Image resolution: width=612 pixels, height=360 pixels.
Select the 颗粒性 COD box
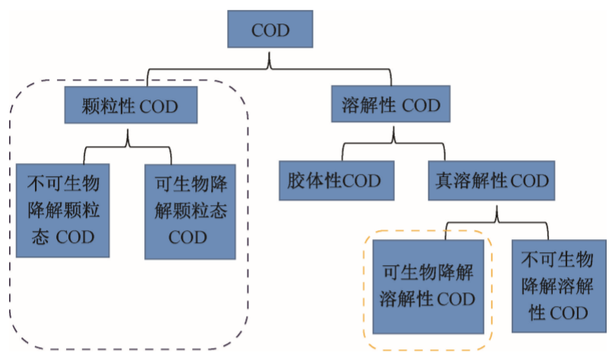[130, 106]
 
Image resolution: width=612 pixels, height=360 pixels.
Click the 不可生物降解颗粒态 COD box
[63, 210]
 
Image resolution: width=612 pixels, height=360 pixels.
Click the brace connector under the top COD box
[270, 71]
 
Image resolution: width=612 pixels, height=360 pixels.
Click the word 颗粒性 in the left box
[111, 106]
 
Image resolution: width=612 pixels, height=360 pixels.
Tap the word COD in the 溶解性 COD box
[421, 106]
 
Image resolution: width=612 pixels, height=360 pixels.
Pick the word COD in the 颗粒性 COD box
[159, 106]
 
